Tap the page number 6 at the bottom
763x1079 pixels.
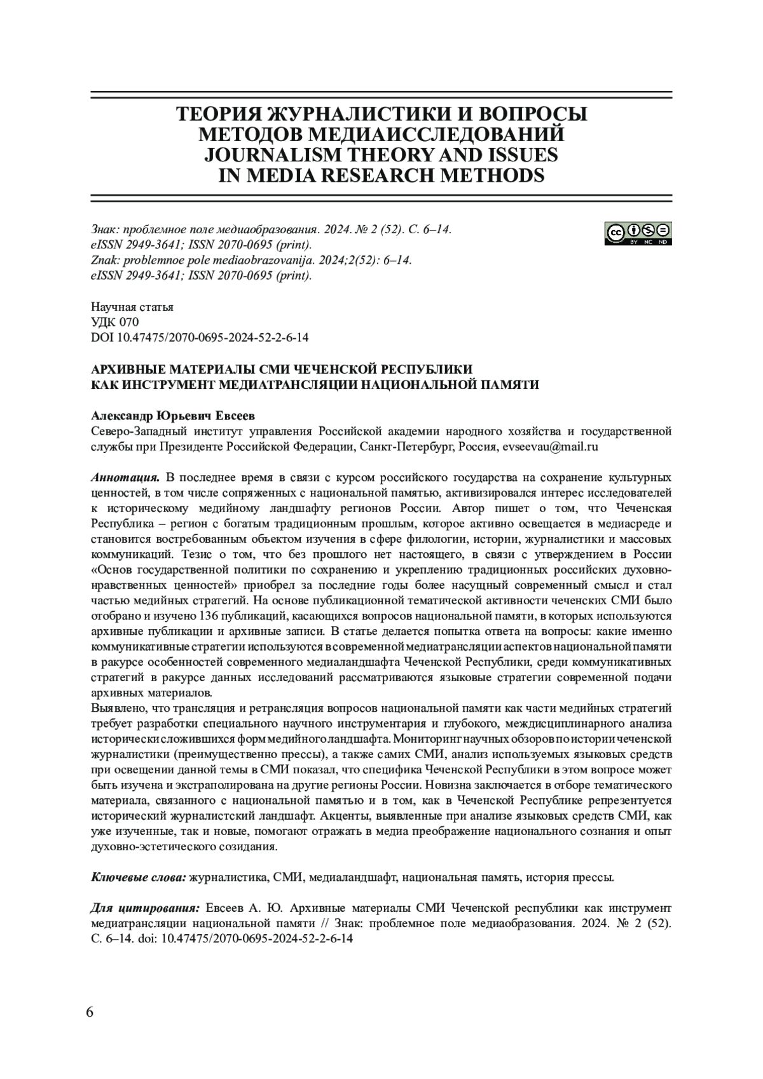point(90,1012)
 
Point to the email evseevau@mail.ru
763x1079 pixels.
point(551,447)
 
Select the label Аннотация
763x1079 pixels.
point(125,477)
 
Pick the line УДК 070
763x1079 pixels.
point(115,322)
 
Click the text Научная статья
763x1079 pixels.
point(132,307)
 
